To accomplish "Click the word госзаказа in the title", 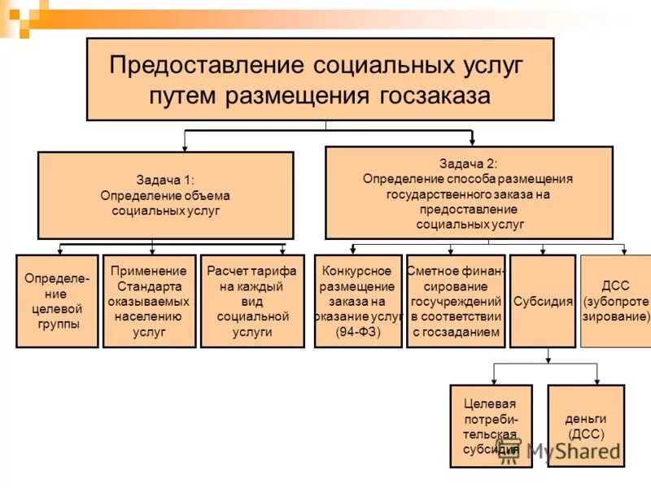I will (435, 96).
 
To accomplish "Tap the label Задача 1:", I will (165, 181).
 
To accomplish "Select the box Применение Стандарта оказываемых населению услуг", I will (149, 301).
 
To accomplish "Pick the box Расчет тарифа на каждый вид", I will (251, 301).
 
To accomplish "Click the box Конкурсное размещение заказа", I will (357, 301).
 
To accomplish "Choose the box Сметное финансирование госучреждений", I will (456, 301).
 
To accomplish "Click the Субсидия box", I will (542, 301).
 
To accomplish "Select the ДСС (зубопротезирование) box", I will (616, 301).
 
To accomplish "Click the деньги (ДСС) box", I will (585, 425).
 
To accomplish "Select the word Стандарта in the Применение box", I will (149, 285).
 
